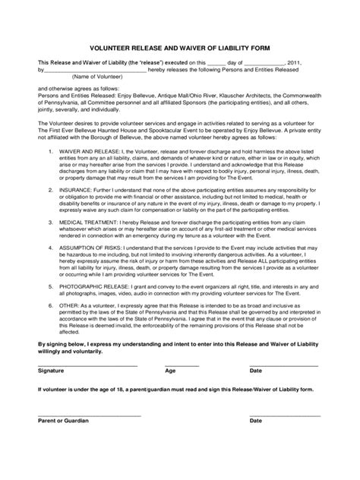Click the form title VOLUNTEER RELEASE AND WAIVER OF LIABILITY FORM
pos(179,45)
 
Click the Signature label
pos(53,371)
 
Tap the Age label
pos(170,371)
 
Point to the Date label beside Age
pos(256,371)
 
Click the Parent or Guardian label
pos(63,420)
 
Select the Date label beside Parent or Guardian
pos(256,420)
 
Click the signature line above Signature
pos(87,365)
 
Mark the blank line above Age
pos(182,365)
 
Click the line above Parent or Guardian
pos(89,415)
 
